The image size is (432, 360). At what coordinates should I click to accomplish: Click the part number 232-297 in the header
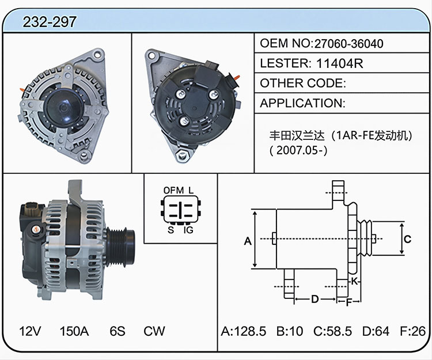[x=50, y=22]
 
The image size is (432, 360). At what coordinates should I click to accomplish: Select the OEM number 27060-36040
[x=348, y=44]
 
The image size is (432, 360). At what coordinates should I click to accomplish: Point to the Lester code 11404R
[x=339, y=63]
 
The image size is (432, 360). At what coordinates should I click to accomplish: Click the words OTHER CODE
[x=302, y=83]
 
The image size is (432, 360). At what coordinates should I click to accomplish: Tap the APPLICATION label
[x=302, y=103]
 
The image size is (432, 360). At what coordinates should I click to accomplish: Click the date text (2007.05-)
[x=298, y=150]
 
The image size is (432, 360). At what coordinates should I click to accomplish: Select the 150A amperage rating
[x=74, y=331]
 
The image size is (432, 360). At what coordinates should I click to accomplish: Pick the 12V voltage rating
[x=30, y=331]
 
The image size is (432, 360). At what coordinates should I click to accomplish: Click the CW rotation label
[x=154, y=331]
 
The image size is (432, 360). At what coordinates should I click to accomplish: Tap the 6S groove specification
[x=118, y=331]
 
